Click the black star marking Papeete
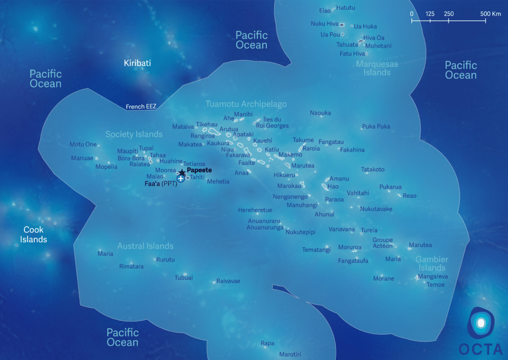[x=182, y=172]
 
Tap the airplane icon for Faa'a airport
[x=181, y=179]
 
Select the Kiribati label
[x=137, y=63]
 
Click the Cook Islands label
[x=33, y=234]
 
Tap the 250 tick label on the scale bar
[x=448, y=14]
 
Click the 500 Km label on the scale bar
[x=490, y=14]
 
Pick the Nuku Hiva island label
[x=324, y=23]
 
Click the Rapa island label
[x=267, y=343]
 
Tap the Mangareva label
[x=433, y=277]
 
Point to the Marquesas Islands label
[x=377, y=68]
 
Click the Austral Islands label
[x=145, y=246]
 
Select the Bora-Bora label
[x=131, y=158]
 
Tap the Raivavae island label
[x=228, y=281]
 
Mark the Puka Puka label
[x=376, y=127]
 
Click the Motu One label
[x=83, y=144]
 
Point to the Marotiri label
[x=290, y=354]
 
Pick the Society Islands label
[x=134, y=134]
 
